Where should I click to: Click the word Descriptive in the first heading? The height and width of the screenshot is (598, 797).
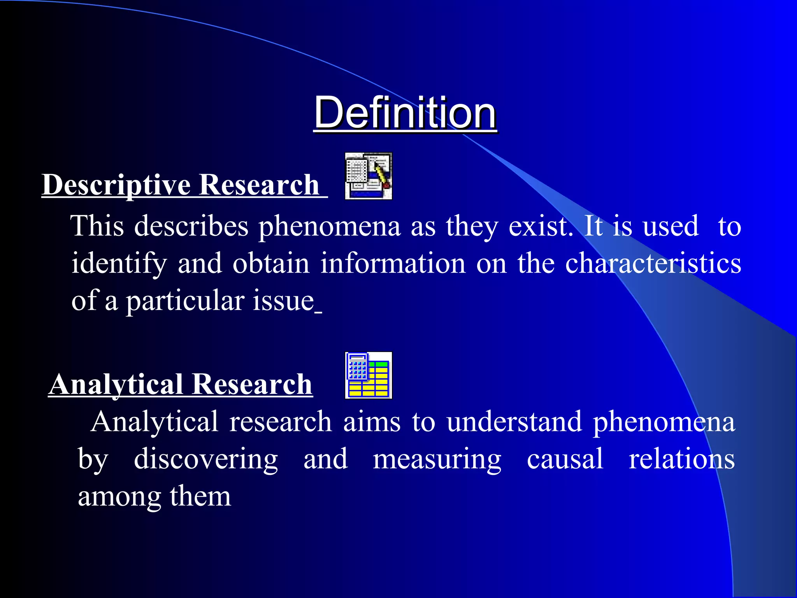point(116,185)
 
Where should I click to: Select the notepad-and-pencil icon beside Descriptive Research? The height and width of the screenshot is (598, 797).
point(368,176)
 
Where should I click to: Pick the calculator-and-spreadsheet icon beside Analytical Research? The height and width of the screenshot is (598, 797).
point(368,375)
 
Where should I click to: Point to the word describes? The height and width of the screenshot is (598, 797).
point(191,226)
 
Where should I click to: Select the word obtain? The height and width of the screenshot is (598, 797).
point(271,264)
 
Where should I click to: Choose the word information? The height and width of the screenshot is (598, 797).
point(393,264)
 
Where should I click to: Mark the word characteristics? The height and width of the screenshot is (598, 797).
point(653,264)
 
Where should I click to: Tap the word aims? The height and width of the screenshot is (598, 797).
point(372,422)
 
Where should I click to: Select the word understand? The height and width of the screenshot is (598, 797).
point(514,422)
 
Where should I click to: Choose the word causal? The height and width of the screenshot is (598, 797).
point(565,459)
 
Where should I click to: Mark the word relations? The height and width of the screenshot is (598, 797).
point(682,459)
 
